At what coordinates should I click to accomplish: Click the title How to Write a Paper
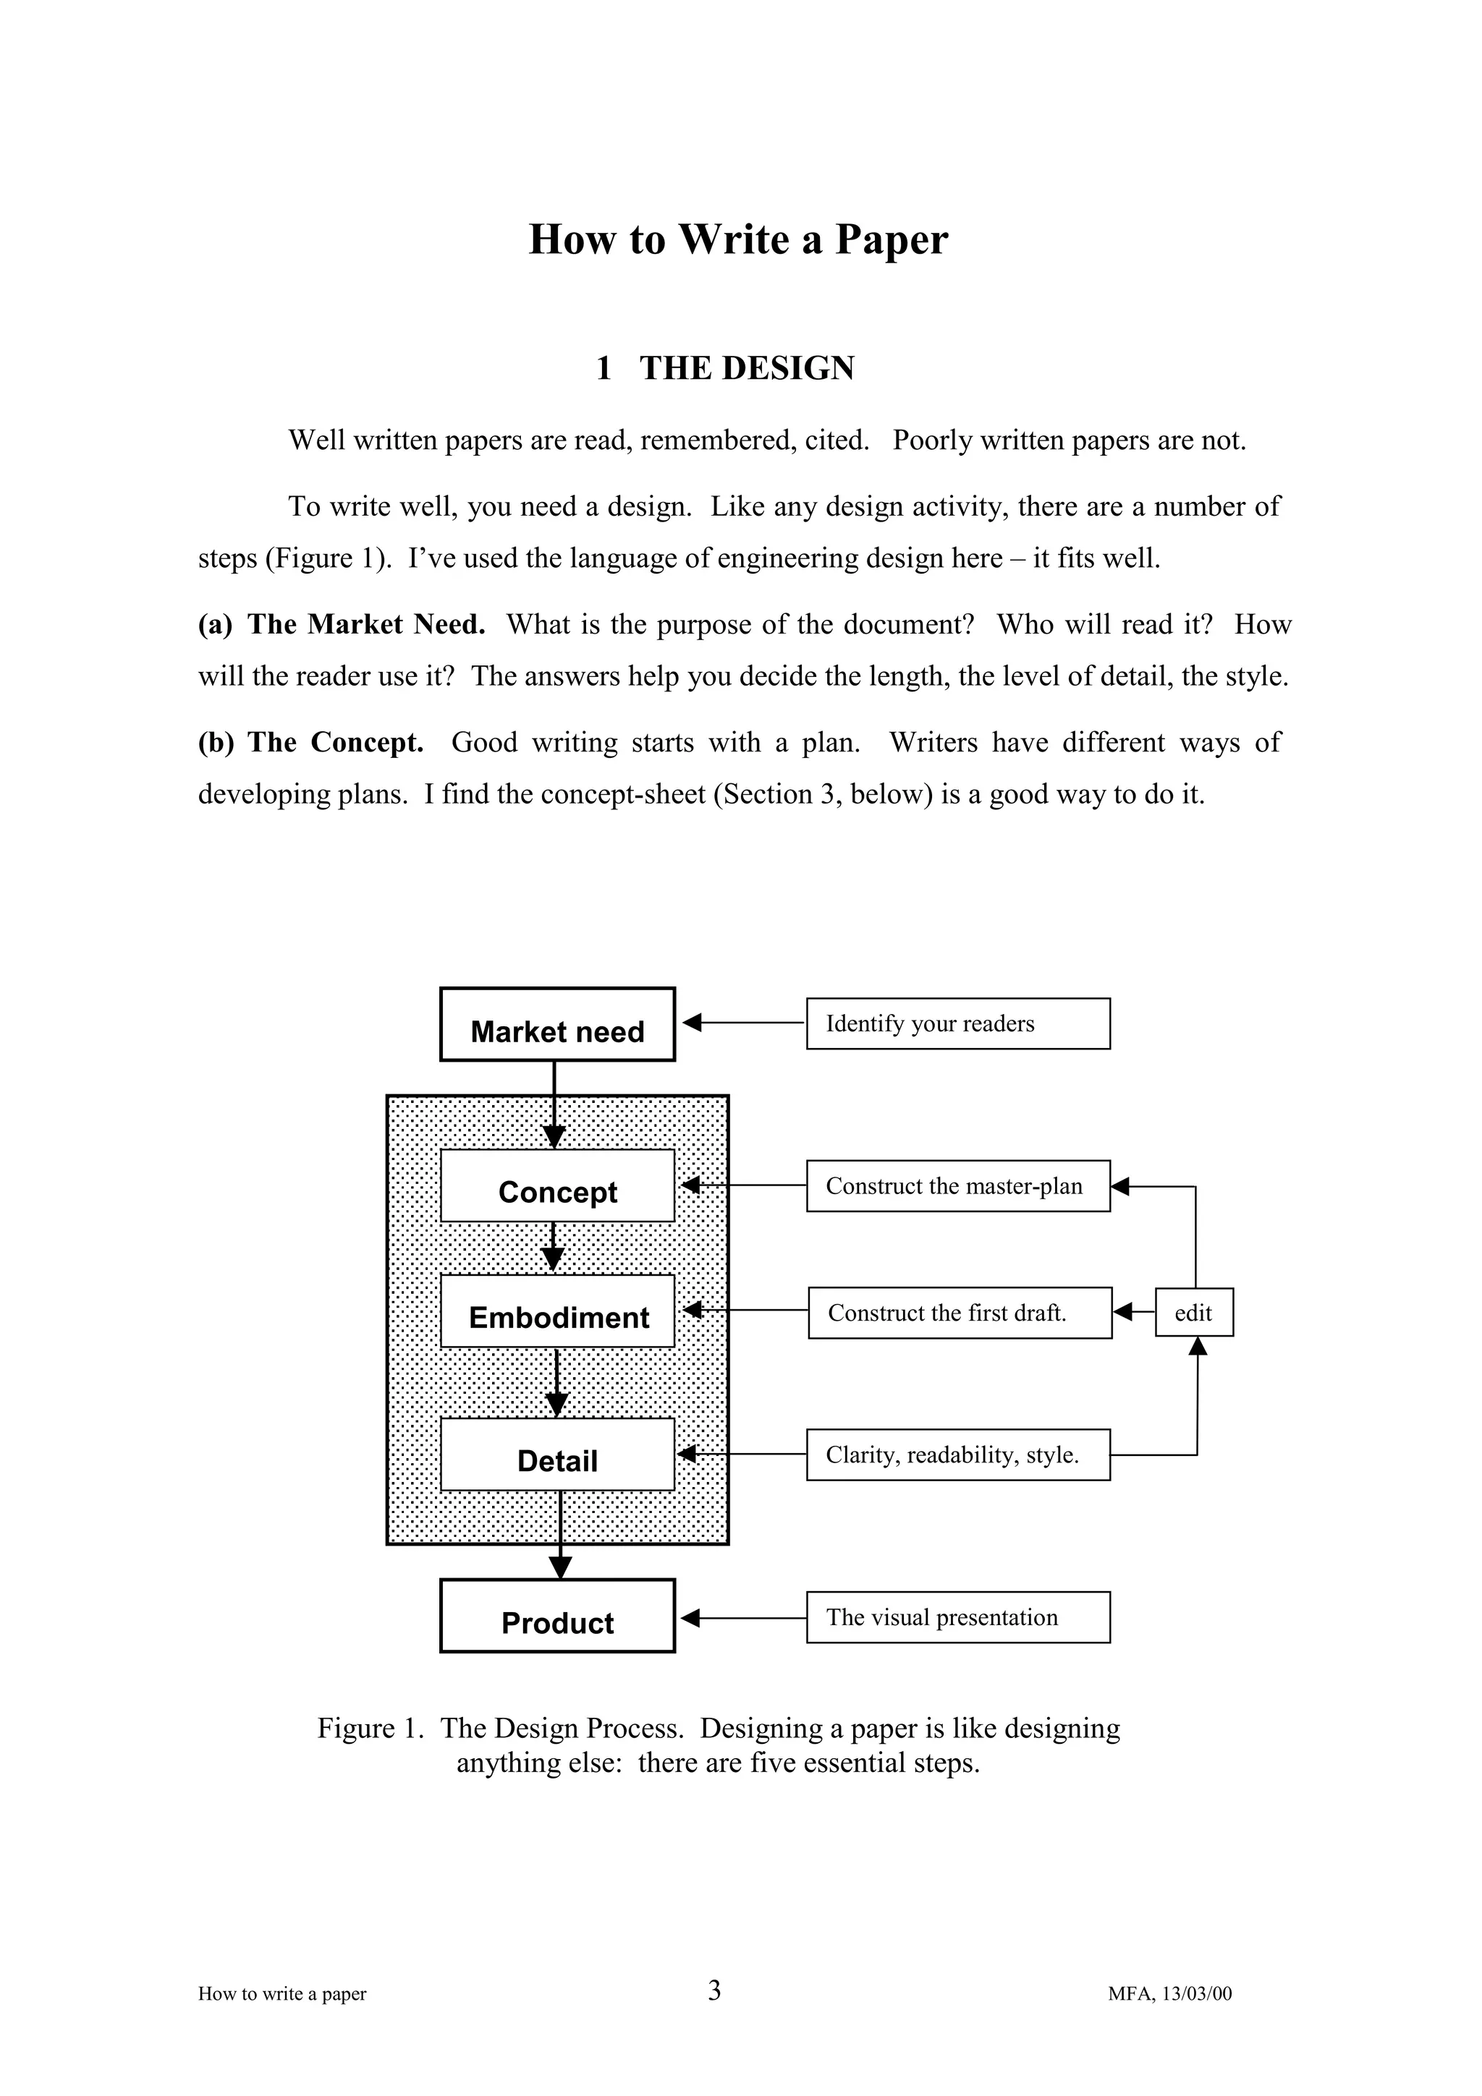738,239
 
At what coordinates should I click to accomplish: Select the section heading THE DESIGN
746,368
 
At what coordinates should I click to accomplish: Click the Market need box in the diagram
557,1024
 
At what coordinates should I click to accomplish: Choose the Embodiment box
557,1311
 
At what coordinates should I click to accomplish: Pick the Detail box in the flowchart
557,1454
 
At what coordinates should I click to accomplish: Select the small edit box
1193,1313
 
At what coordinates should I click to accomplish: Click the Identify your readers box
958,1023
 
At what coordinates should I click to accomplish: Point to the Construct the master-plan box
958,1186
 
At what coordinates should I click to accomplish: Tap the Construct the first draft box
959,1313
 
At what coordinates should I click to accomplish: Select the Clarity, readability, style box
958,1454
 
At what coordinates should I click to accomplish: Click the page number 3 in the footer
714,1990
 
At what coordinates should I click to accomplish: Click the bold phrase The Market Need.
366,624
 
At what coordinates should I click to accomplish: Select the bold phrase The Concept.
335,742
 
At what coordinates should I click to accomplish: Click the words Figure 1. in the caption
370,1728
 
